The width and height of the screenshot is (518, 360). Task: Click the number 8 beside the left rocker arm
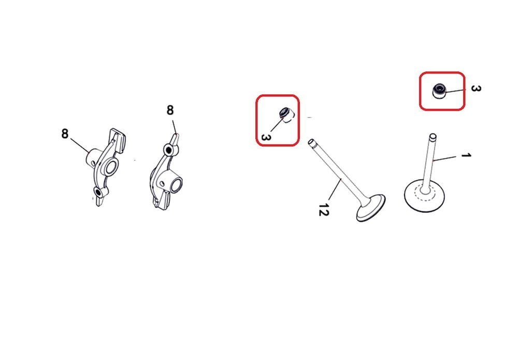click(x=65, y=134)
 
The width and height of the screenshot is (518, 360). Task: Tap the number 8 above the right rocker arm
click(x=170, y=110)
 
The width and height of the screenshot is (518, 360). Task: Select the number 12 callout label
click(x=323, y=209)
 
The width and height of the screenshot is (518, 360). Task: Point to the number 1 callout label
click(x=466, y=155)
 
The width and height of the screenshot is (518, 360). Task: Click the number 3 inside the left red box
click(x=266, y=137)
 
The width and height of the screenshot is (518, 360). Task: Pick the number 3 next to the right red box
click(x=476, y=88)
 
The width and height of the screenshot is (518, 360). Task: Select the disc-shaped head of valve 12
click(x=371, y=208)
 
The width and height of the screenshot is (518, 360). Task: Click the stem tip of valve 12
click(x=311, y=142)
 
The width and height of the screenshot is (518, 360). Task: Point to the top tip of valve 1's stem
click(x=433, y=136)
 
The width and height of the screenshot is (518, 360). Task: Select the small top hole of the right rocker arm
click(x=169, y=150)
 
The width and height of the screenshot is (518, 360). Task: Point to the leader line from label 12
click(x=334, y=190)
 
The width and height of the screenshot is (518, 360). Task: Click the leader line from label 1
click(x=447, y=158)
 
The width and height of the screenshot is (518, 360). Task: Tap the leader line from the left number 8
click(x=80, y=146)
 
